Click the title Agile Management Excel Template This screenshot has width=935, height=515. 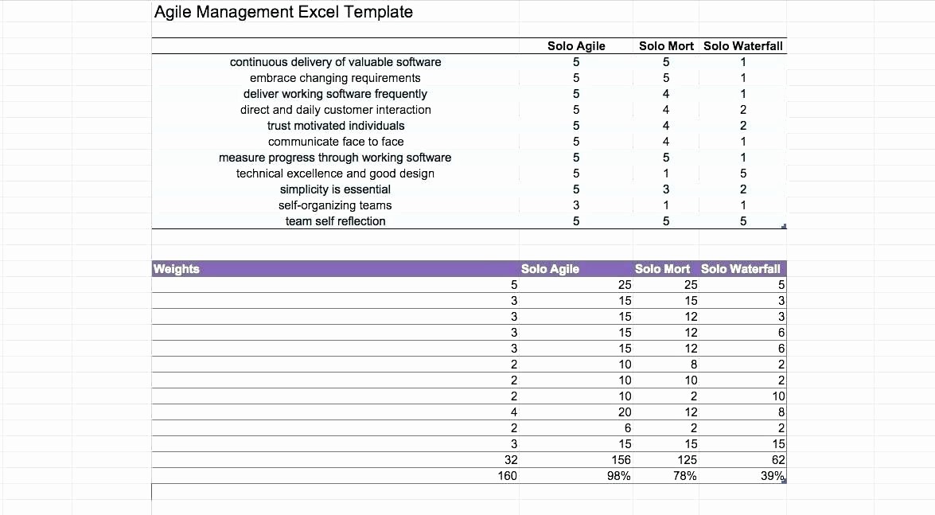(x=283, y=12)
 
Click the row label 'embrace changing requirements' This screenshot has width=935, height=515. (x=335, y=78)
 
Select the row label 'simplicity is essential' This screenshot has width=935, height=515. (x=335, y=189)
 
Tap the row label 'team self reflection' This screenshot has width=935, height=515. (x=335, y=221)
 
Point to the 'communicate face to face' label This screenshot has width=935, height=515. (x=336, y=142)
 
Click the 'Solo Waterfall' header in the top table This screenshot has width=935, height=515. (x=742, y=46)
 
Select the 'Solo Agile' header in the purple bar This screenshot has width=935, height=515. (x=550, y=269)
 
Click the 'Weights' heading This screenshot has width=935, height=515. (x=176, y=269)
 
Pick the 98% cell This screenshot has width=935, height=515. (x=618, y=476)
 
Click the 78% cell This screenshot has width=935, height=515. (x=684, y=476)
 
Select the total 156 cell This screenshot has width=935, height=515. (x=621, y=460)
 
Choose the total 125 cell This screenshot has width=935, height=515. (x=687, y=460)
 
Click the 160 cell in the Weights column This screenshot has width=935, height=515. (x=507, y=476)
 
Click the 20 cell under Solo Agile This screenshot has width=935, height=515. (x=625, y=412)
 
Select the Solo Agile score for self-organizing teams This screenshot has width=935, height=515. (x=576, y=205)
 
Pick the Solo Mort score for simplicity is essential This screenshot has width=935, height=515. (x=666, y=189)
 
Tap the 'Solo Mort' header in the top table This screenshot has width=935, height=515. (x=666, y=46)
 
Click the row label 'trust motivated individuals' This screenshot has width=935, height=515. (x=336, y=126)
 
